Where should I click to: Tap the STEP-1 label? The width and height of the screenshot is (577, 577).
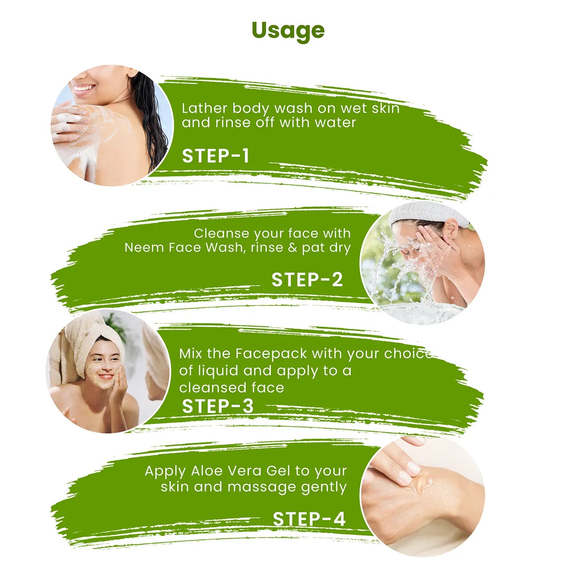[x=216, y=156]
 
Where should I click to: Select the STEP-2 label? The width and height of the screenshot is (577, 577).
[x=307, y=280]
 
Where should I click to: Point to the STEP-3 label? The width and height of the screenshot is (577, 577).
[x=218, y=406]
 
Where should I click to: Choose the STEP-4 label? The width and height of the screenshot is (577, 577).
[x=309, y=519]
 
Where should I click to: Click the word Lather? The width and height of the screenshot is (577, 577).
[x=204, y=108]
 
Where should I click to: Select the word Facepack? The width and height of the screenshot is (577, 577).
[x=271, y=354]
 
